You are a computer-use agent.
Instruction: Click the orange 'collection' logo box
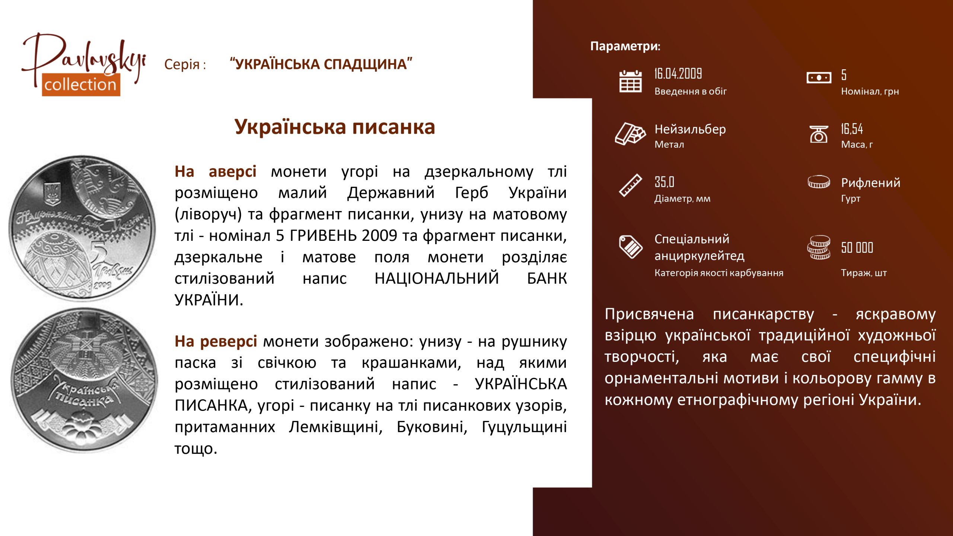81,85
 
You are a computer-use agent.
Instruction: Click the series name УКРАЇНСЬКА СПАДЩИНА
321,64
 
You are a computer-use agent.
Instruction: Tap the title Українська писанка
335,127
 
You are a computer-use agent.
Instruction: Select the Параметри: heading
625,46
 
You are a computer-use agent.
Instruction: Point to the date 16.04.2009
678,74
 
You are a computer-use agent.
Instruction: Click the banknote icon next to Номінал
819,78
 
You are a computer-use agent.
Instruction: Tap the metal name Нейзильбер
690,129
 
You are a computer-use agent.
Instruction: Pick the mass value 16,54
852,129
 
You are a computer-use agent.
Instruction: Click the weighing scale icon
819,134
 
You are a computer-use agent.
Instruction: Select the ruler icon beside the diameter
630,185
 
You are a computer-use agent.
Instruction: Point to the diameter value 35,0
664,182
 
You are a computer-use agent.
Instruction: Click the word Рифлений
871,183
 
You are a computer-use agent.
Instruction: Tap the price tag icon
631,246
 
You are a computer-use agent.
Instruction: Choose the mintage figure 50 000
857,248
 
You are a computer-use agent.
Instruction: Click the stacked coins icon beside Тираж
819,248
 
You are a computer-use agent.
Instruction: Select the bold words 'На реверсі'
216,341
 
